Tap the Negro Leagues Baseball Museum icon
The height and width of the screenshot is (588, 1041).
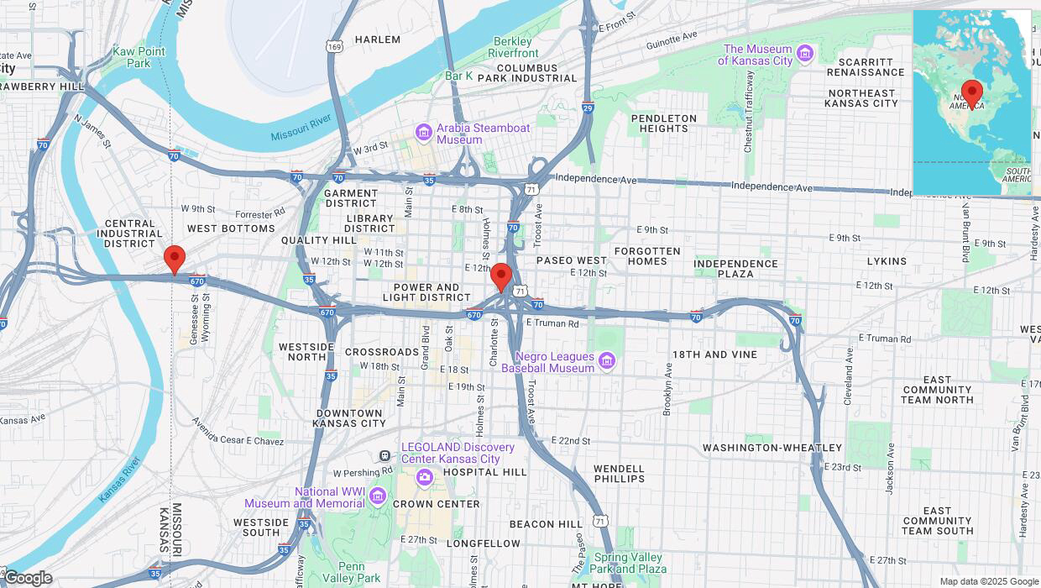(607, 361)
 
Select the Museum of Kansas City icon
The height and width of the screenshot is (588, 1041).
(805, 55)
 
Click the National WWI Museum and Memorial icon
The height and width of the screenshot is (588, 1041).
(377, 497)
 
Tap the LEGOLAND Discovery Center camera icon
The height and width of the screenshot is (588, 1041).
(424, 477)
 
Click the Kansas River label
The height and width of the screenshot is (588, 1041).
(119, 480)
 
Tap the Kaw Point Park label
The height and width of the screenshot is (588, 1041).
(139, 57)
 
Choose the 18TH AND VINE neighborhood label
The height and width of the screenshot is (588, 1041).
(714, 354)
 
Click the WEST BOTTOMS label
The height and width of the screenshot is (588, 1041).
(231, 228)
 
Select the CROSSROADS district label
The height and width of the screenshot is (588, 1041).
(382, 352)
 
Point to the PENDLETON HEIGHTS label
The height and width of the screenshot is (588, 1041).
(663, 123)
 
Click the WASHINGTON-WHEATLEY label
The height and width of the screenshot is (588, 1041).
(772, 448)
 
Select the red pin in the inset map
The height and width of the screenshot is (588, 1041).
(972, 93)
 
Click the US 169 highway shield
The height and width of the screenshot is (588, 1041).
(335, 47)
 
